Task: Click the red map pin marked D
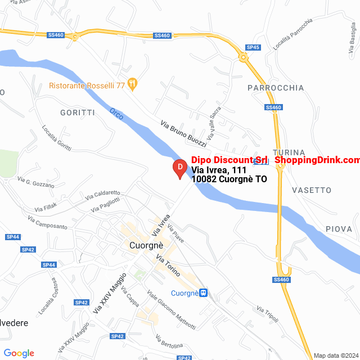pos(179,168)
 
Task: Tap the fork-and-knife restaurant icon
pos(133,84)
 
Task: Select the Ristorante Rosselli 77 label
pos(87,85)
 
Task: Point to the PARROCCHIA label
pos(276,88)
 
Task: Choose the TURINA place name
pos(289,152)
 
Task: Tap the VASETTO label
pos(312,190)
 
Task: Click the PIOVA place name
pos(339,229)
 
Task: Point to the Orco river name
pos(116,113)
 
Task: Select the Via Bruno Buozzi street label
pos(183,133)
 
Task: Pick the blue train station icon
pos(203,292)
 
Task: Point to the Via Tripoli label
pos(268,314)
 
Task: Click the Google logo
pos(19,353)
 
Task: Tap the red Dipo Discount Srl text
pos(229,160)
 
